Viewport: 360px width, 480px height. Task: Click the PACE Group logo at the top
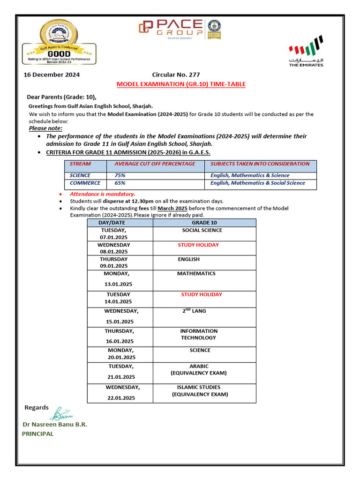(171, 28)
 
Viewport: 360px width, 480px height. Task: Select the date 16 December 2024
(52, 75)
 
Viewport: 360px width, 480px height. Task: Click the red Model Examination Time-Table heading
(181, 84)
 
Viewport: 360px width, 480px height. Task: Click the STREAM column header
(80, 164)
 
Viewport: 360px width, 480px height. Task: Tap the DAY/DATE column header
(112, 223)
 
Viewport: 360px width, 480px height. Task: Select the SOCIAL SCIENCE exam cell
(202, 231)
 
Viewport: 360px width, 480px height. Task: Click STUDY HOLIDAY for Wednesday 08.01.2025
(198, 245)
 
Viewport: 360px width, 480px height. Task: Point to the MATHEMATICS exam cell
(196, 274)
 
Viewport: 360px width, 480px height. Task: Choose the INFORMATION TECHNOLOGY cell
(199, 334)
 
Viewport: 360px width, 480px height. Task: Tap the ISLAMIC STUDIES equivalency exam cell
(199, 391)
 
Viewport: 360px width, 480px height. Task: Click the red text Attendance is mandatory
(102, 194)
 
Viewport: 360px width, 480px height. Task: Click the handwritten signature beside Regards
(62, 413)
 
